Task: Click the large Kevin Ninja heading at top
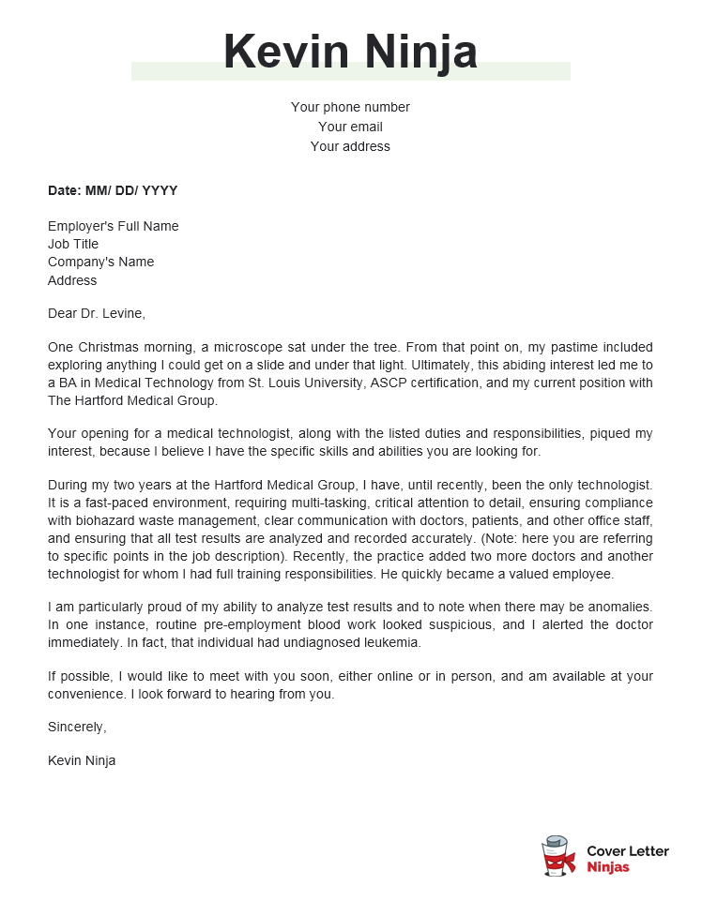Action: pyautogui.click(x=350, y=52)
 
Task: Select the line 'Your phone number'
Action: pyautogui.click(x=350, y=107)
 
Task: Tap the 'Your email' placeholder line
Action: pyautogui.click(x=350, y=127)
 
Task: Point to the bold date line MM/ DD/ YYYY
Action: pyautogui.click(x=113, y=190)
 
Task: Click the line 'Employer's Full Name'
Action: pyautogui.click(x=113, y=226)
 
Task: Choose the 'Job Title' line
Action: pyautogui.click(x=73, y=244)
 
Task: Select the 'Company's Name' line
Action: pyautogui.click(x=100, y=262)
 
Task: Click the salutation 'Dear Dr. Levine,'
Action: pyautogui.click(x=97, y=313)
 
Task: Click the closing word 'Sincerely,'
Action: pyautogui.click(x=77, y=727)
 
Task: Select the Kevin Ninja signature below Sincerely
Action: pyautogui.click(x=82, y=760)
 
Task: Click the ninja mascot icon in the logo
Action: pyautogui.click(x=558, y=856)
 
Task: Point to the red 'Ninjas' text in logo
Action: pyautogui.click(x=607, y=867)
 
